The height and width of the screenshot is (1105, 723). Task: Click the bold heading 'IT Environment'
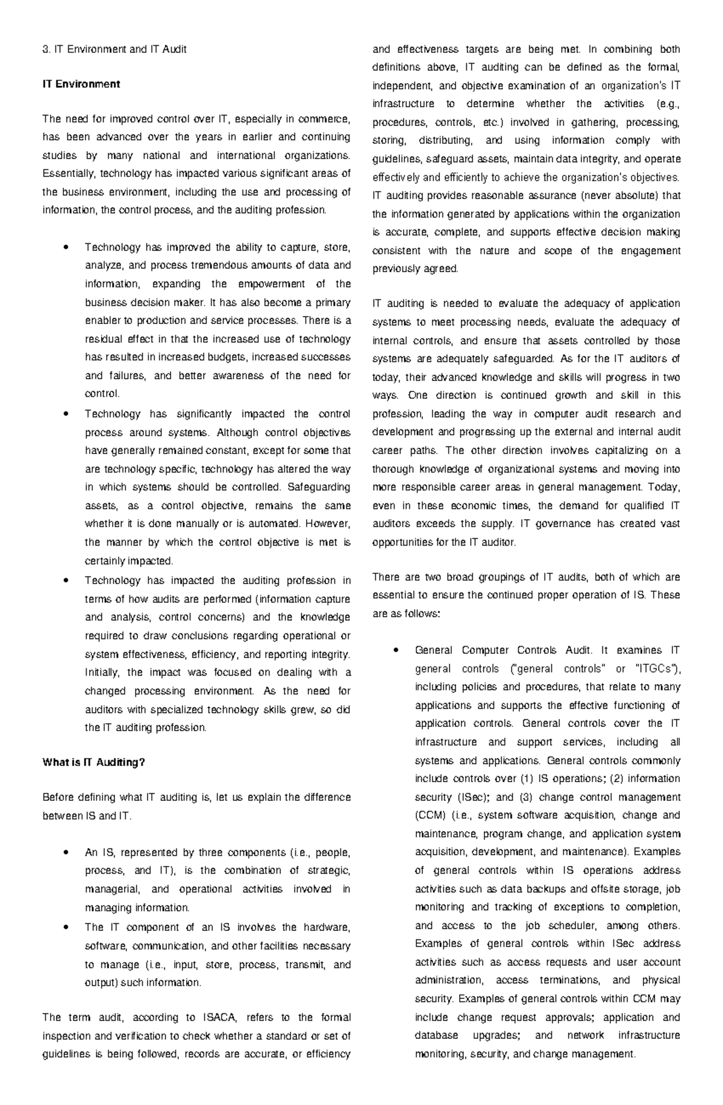[81, 84]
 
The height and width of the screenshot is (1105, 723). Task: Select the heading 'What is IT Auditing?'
[94, 762]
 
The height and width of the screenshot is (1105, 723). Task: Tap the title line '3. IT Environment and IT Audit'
[114, 49]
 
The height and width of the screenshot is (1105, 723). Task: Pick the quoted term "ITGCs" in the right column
[656, 668]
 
